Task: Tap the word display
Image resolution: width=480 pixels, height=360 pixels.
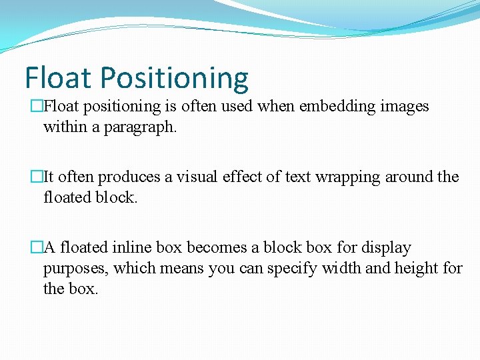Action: pos(387,248)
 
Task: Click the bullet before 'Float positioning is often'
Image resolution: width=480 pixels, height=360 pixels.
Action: pos(37,107)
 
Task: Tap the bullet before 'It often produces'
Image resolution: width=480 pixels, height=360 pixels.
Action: pos(37,177)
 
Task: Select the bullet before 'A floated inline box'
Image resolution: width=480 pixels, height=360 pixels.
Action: pos(37,248)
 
